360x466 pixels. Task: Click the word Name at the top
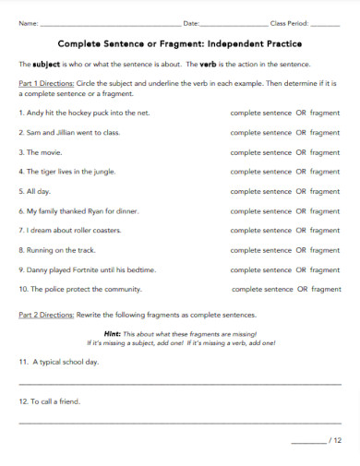(28, 22)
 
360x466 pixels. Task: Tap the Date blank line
(234, 23)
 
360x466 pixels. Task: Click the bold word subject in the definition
(46, 65)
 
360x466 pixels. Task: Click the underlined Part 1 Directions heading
(48, 84)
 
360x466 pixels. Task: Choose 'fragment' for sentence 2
(325, 132)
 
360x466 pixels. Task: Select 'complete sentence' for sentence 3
(260, 151)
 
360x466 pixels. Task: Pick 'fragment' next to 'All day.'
(325, 191)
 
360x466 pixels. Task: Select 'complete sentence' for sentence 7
(260, 230)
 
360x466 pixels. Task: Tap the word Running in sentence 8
(42, 249)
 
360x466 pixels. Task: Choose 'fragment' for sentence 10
(326, 289)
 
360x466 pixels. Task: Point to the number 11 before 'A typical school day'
(23, 364)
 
